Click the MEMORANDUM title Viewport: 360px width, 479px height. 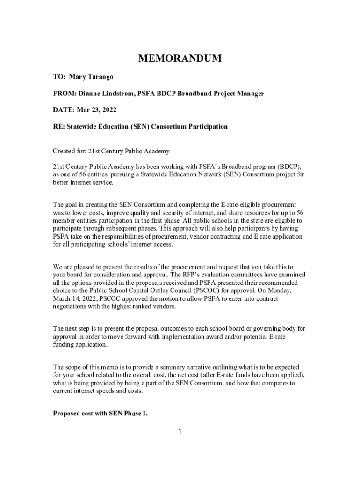pyautogui.click(x=180, y=58)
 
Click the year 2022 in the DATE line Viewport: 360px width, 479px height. pyautogui.click(x=108, y=110)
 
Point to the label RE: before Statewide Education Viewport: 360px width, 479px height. pyautogui.click(x=58, y=127)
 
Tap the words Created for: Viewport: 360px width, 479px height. pyautogui.click(x=69, y=152)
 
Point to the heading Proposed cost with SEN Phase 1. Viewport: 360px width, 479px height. pyautogui.click(x=100, y=414)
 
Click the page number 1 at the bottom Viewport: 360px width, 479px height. pyautogui.click(x=180, y=431)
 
